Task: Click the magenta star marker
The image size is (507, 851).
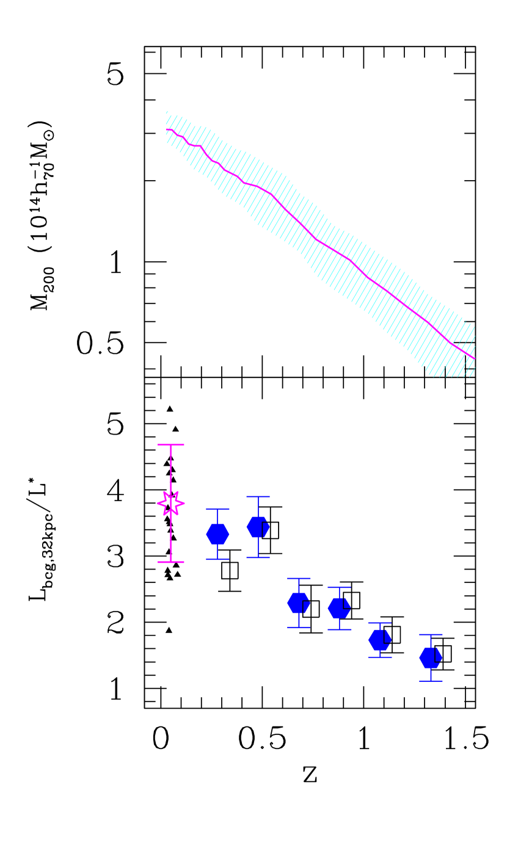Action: (x=171, y=503)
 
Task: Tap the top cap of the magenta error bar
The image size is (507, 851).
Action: (x=171, y=444)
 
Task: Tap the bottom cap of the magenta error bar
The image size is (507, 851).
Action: (x=171, y=562)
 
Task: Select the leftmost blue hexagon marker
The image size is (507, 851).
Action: (x=217, y=534)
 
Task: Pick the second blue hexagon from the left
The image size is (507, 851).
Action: (x=258, y=527)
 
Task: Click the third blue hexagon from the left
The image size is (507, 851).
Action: (x=299, y=603)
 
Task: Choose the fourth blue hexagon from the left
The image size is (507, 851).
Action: (x=339, y=607)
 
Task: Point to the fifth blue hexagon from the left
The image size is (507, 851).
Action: (x=380, y=640)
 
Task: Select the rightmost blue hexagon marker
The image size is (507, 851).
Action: (x=431, y=657)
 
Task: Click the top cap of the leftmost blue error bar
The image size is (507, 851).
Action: (x=217, y=509)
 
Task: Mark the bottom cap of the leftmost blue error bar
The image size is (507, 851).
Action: (x=217, y=559)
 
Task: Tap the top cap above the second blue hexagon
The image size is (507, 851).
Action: (x=258, y=496)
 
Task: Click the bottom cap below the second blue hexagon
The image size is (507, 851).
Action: (x=258, y=557)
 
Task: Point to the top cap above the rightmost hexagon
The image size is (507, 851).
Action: (x=431, y=635)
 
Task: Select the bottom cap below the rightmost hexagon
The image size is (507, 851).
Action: (x=431, y=681)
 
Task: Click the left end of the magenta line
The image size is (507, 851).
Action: (x=167, y=129)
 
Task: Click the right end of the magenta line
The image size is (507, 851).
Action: (x=475, y=358)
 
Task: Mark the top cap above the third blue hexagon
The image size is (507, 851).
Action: (x=299, y=578)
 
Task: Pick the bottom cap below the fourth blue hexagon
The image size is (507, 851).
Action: (x=339, y=629)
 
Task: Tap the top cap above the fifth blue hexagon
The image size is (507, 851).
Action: (x=380, y=623)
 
